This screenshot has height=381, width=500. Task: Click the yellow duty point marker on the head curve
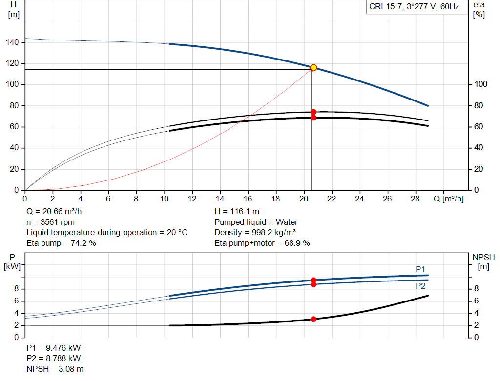313,67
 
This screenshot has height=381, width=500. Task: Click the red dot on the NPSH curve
313,319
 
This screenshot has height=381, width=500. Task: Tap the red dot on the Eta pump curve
313,112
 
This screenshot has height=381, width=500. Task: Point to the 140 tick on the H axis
12,42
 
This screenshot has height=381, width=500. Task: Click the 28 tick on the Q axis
415,199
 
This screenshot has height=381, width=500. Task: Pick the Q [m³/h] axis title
449,199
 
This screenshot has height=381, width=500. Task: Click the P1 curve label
420,269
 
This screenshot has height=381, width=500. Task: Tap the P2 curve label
420,286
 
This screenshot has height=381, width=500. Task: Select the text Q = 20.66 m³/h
54,212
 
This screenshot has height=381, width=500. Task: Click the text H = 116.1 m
237,212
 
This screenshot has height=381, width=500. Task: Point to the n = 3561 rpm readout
51,222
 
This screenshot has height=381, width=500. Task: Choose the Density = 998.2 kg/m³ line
255,233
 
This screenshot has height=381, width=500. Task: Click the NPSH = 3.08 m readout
55,369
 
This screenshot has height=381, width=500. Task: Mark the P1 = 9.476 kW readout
54,348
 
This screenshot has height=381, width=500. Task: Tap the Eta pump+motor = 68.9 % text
262,243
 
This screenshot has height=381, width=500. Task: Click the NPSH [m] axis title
483,261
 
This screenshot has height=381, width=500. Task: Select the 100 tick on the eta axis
481,84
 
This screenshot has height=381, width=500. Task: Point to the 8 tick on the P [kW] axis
17,289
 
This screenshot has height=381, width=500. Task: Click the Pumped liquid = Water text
256,222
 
